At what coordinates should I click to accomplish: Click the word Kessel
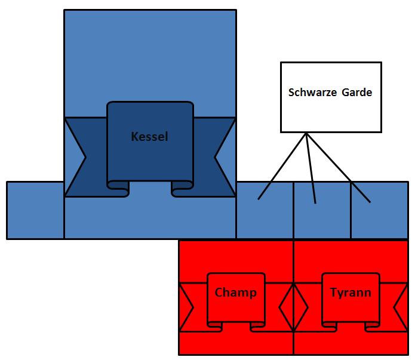click(x=149, y=137)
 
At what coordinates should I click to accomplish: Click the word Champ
click(x=235, y=293)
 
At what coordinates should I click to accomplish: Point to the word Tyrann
click(x=351, y=293)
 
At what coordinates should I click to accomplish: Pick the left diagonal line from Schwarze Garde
click(x=282, y=167)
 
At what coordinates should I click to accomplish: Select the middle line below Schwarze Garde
click(x=311, y=167)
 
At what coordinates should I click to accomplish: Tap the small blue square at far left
click(x=35, y=210)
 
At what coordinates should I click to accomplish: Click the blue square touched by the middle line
click(x=322, y=218)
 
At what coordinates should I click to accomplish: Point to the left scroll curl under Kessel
click(x=118, y=189)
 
